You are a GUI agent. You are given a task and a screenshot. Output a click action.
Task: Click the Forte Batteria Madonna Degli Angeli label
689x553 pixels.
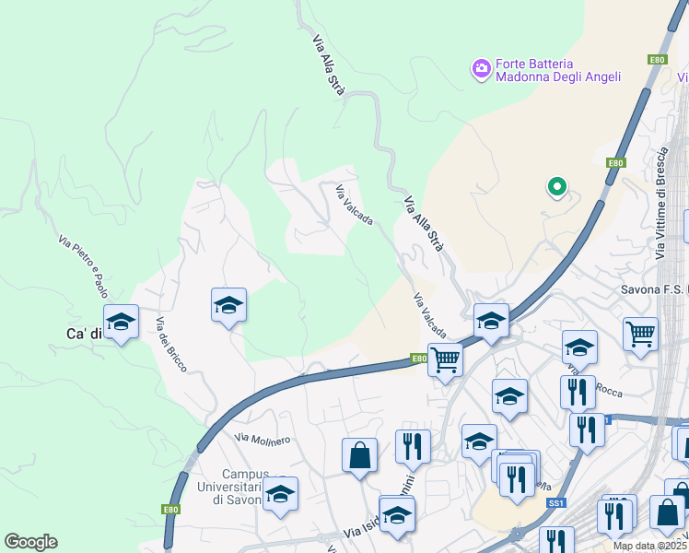click(x=558, y=69)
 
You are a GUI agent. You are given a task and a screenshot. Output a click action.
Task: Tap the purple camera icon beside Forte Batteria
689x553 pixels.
click(x=481, y=69)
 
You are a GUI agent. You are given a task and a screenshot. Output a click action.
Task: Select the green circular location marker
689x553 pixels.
click(x=556, y=187)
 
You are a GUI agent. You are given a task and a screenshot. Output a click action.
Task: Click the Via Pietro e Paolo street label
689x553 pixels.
click(x=83, y=266)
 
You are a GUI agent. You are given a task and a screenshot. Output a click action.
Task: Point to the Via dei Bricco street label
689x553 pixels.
click(x=171, y=345)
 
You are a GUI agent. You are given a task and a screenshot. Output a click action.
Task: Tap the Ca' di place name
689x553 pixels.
click(x=83, y=334)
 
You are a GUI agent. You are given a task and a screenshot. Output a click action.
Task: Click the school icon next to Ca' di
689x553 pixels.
click(x=121, y=322)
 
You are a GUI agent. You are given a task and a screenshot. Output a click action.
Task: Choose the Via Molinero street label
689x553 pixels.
click(x=263, y=439)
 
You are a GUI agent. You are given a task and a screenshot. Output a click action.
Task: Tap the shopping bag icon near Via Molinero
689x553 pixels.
click(x=358, y=455)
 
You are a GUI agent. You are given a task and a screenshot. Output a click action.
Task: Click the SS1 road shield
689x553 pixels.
click(x=555, y=504)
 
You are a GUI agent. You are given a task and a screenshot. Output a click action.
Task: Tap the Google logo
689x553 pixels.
click(x=30, y=542)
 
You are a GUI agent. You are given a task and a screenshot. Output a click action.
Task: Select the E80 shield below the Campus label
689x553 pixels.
click(x=170, y=509)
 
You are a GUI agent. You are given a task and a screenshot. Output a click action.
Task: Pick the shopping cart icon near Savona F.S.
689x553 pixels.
click(x=640, y=334)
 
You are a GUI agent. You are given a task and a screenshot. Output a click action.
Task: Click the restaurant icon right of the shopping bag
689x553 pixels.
click(x=413, y=447)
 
